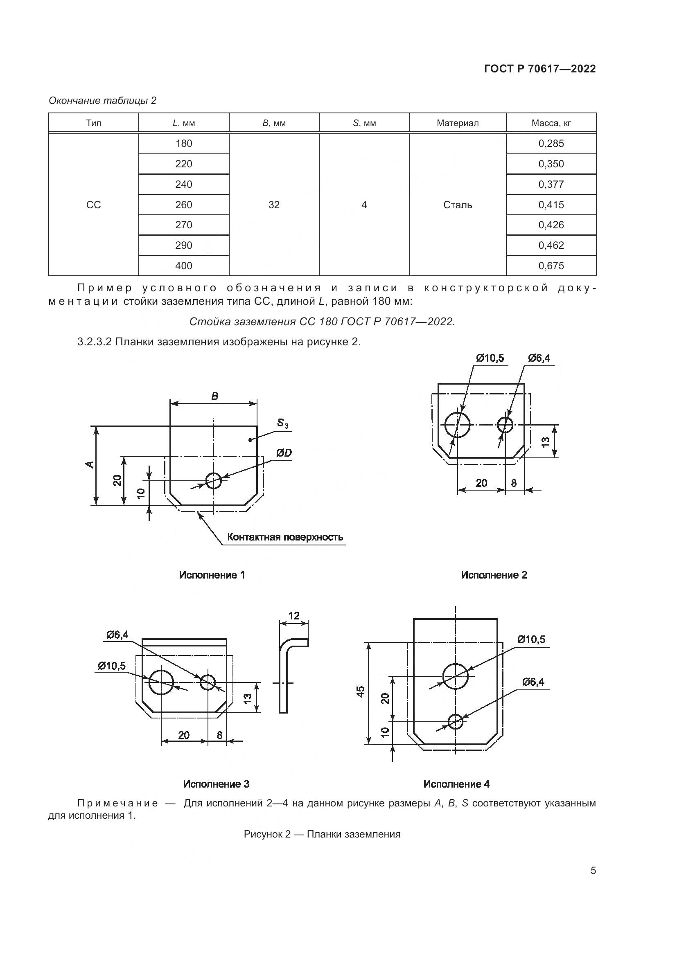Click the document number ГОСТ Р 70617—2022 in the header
coord(540,69)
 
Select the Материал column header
coord(457,123)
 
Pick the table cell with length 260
coord(183,205)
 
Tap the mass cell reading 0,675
coord(551,266)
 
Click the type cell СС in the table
coord(93,205)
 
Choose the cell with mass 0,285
coord(551,143)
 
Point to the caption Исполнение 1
coord(212,575)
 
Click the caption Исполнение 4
coord(456,784)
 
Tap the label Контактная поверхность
coord(285,537)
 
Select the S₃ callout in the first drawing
coord(283,423)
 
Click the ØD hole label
coord(284,453)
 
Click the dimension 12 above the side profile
coord(294,616)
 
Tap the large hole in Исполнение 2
coord(457,425)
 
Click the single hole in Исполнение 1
coord(213,480)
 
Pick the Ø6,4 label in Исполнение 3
coord(117,635)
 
